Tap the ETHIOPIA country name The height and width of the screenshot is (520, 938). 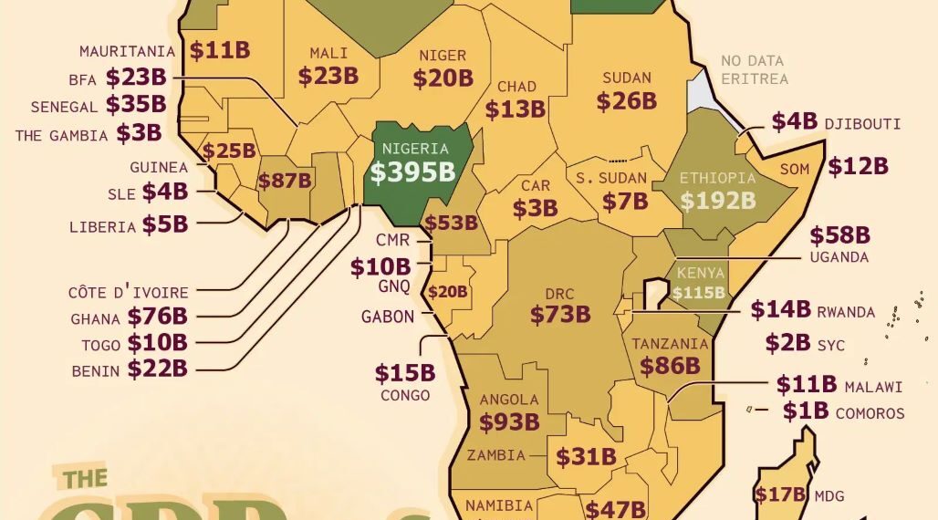coord(717,178)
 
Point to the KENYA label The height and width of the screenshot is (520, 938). coord(700,273)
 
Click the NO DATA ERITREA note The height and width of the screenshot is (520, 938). coord(754,70)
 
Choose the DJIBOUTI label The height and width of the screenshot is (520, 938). coord(862,123)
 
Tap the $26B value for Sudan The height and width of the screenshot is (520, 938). coord(627,100)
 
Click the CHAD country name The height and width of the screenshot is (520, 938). coord(516,87)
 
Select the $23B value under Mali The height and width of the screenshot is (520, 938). coord(328,76)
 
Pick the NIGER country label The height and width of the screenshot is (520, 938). coord(443,56)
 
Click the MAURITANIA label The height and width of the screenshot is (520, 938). coord(127,51)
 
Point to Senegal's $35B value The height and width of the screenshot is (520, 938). coord(136,105)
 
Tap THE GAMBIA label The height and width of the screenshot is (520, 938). coord(61,135)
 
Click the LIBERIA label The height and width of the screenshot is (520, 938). coord(102,226)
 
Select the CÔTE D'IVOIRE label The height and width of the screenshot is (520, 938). coord(128,293)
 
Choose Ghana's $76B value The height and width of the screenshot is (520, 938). coord(157,317)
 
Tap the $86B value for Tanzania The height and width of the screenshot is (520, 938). coord(670,366)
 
